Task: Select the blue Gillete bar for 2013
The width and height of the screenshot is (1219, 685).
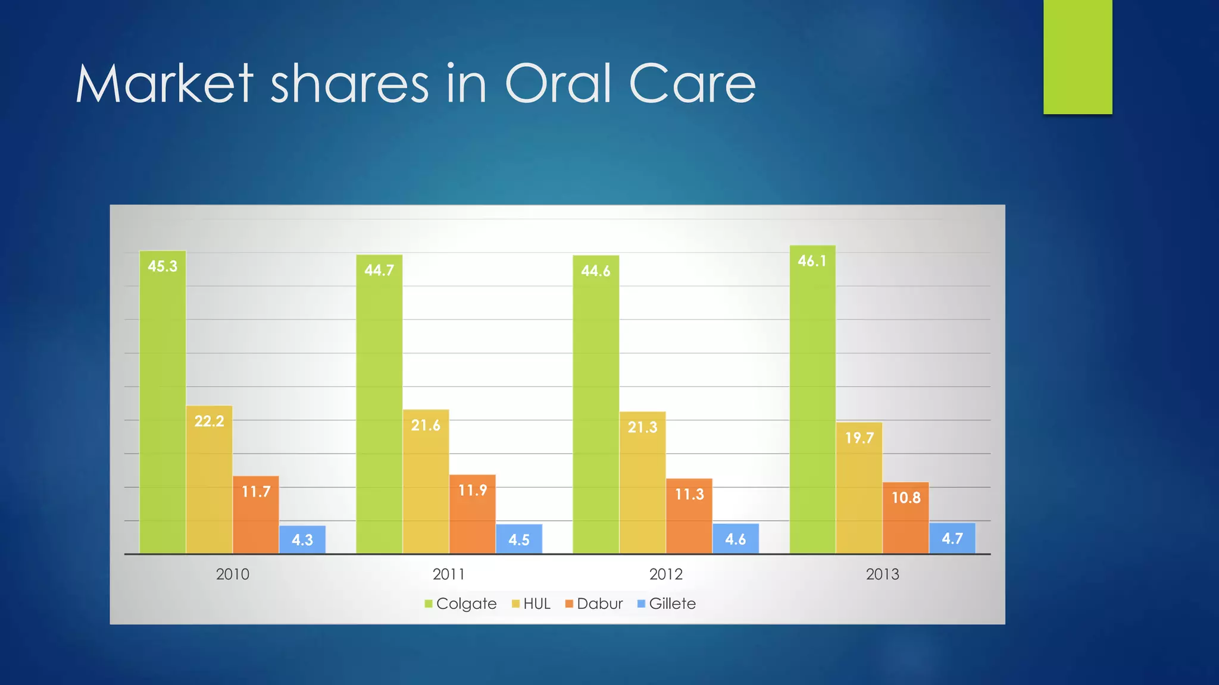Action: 952,539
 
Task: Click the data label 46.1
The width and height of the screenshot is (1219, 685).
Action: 812,261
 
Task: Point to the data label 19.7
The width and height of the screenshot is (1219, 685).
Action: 859,438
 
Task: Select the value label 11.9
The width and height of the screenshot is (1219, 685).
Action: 472,491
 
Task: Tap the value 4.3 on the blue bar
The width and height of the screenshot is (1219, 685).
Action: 302,540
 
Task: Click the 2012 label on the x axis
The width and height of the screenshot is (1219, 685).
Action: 665,574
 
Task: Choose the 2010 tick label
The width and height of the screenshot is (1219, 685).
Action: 232,574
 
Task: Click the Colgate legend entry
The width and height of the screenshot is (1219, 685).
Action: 460,604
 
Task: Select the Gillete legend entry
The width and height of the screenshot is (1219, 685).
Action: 666,604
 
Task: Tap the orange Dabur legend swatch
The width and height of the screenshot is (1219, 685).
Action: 568,604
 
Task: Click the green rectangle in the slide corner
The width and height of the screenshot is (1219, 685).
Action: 1077,56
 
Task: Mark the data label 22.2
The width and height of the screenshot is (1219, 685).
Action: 209,422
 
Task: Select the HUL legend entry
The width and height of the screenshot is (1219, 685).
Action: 531,604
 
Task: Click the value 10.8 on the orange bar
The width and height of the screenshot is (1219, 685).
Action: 905,498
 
